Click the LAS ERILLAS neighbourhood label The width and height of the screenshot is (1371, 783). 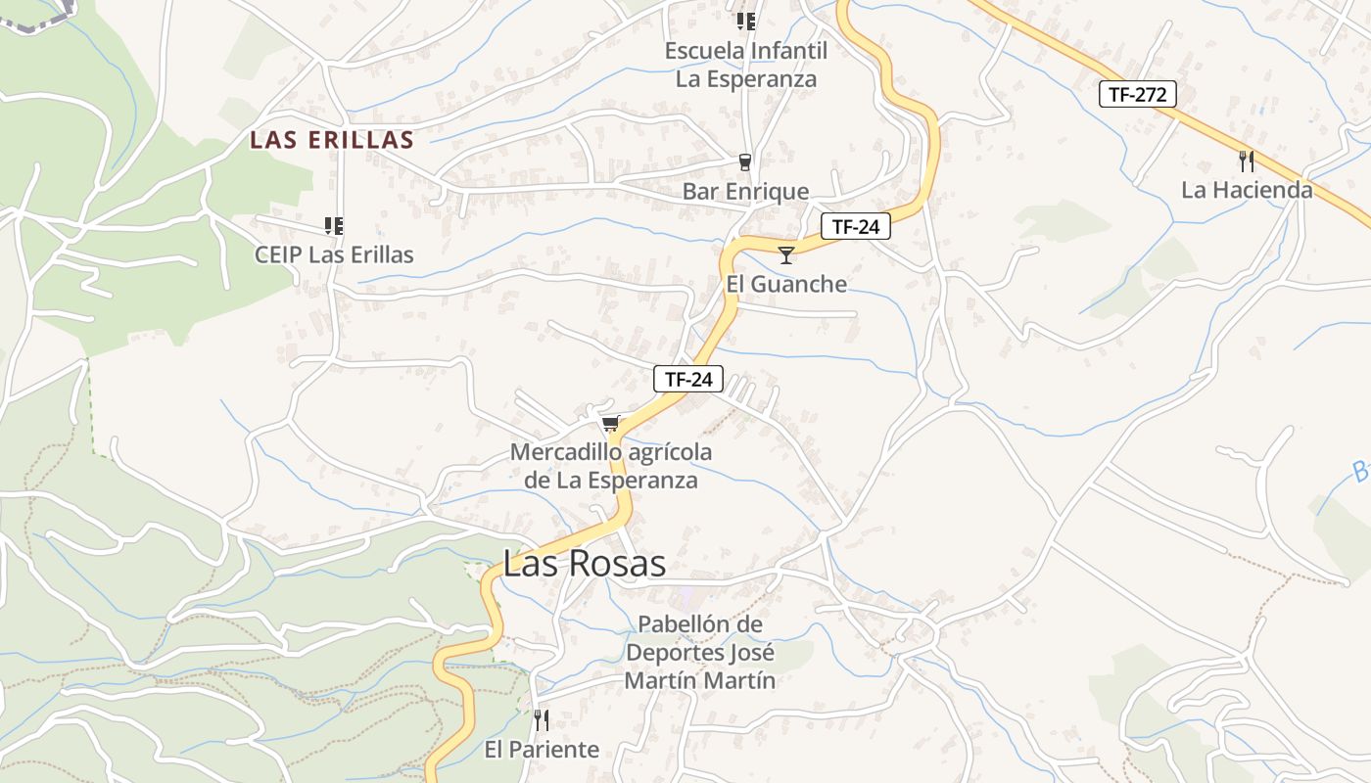click(x=332, y=140)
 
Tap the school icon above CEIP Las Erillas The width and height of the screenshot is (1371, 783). click(x=334, y=226)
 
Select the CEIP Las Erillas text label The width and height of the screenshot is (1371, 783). click(x=334, y=254)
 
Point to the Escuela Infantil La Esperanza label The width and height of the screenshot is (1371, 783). click(x=746, y=65)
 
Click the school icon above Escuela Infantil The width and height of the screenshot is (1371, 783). click(x=746, y=21)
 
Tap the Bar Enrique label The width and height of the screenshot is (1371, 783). click(x=745, y=191)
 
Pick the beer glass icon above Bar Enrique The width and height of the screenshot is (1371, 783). click(x=745, y=162)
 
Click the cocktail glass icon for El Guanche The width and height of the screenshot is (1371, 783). click(x=785, y=255)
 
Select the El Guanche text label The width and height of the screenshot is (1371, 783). click(x=786, y=284)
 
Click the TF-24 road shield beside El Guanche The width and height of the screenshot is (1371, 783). click(x=855, y=227)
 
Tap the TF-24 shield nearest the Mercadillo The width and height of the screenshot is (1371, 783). click(x=688, y=379)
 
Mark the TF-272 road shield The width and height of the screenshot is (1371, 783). click(x=1137, y=94)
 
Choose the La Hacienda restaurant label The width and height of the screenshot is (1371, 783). click(x=1247, y=190)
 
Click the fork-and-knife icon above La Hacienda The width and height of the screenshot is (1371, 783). click(x=1247, y=161)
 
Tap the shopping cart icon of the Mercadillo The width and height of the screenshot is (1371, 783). click(x=611, y=424)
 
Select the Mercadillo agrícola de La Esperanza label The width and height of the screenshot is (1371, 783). click(x=611, y=466)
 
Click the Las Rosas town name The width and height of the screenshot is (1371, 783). click(x=585, y=564)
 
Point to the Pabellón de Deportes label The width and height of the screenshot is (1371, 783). click(x=700, y=652)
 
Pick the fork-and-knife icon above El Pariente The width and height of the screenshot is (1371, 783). click(x=542, y=720)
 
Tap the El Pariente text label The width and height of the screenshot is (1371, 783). click(x=542, y=750)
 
